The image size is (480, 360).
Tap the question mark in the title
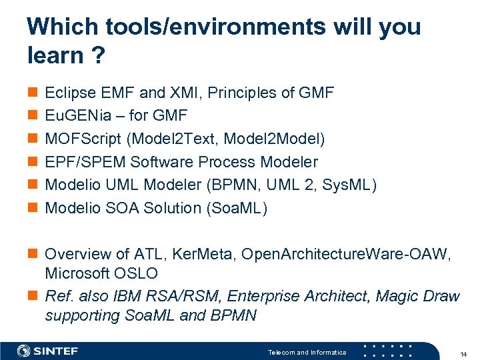(x=97, y=56)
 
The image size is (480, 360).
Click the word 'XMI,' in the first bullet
(x=183, y=93)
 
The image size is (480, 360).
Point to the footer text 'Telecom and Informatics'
(x=307, y=352)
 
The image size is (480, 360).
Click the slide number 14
(x=463, y=353)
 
